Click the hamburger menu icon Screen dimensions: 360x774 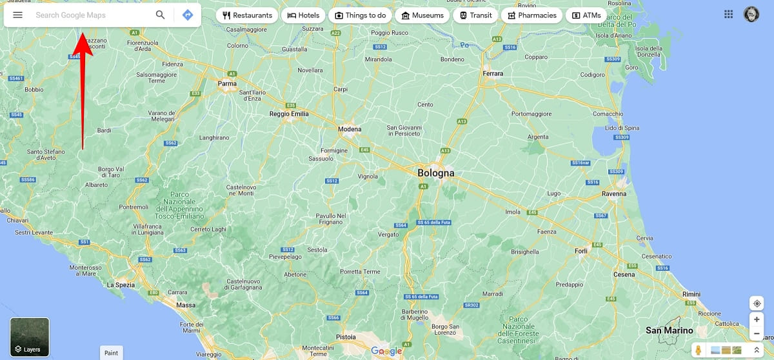coord(18,15)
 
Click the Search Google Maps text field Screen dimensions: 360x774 coord(90,15)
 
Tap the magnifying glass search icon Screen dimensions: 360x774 coord(161,15)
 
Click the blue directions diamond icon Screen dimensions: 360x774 coord(188,15)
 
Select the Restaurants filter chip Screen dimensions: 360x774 coord(247,15)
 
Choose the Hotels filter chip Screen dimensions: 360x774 coord(303,15)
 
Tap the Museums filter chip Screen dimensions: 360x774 coord(422,15)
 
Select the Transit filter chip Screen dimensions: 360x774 coord(475,15)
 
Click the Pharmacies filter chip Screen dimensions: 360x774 coord(532,15)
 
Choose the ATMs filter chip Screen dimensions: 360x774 coord(586,15)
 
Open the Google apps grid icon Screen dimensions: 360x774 coord(729,14)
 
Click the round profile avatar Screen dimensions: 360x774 coord(751,14)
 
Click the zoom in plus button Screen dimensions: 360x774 coord(757,319)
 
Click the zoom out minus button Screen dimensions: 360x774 coord(757,334)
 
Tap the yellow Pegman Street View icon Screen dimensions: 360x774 coord(699,350)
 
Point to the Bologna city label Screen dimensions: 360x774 coord(436,173)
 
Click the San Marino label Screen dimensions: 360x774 coord(670,330)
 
